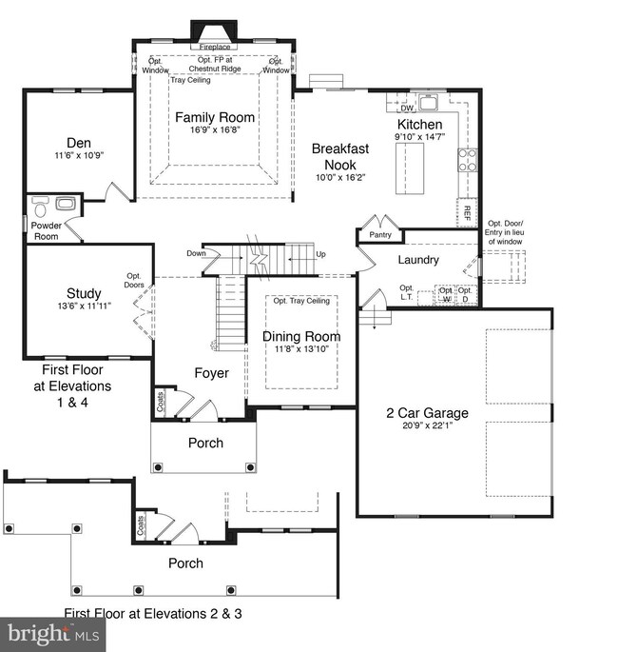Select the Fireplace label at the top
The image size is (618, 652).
tap(214, 46)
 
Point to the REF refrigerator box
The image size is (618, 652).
tap(467, 212)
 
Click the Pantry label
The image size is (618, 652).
tap(380, 235)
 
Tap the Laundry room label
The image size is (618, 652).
tap(418, 260)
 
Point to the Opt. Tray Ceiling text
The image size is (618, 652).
tap(301, 301)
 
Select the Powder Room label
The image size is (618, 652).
tap(46, 231)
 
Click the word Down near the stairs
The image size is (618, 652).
tap(196, 253)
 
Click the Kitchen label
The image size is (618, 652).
tap(419, 125)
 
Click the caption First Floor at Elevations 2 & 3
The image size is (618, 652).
tap(153, 614)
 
